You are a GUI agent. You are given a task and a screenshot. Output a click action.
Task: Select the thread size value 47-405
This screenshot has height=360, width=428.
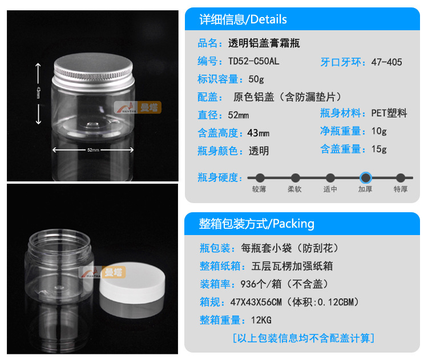(x=386, y=62)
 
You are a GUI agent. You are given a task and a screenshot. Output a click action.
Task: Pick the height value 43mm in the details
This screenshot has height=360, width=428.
(x=258, y=133)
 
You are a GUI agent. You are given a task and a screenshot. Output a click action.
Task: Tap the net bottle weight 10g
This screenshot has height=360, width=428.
(x=379, y=131)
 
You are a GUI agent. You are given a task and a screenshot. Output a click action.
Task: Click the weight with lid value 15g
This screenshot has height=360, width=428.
(x=379, y=149)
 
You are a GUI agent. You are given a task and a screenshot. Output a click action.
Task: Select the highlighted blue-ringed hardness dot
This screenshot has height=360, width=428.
(x=365, y=177)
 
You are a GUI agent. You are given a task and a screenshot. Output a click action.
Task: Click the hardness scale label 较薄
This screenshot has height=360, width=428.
(x=259, y=189)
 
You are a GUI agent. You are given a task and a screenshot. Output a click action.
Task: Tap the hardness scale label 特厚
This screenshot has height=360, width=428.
(x=401, y=189)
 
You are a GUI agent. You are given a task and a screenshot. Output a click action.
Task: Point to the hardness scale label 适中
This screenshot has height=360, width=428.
(x=330, y=189)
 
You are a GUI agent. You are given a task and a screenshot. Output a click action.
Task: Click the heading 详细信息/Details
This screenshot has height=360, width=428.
(x=243, y=19)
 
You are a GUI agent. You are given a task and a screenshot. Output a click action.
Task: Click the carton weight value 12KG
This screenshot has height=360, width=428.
(x=261, y=320)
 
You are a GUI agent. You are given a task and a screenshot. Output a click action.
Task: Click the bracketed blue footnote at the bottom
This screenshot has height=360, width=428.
(x=303, y=338)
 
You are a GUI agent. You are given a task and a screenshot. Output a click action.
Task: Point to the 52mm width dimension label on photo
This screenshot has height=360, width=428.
(x=93, y=150)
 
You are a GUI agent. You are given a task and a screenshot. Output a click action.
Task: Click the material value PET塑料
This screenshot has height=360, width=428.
(x=389, y=113)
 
